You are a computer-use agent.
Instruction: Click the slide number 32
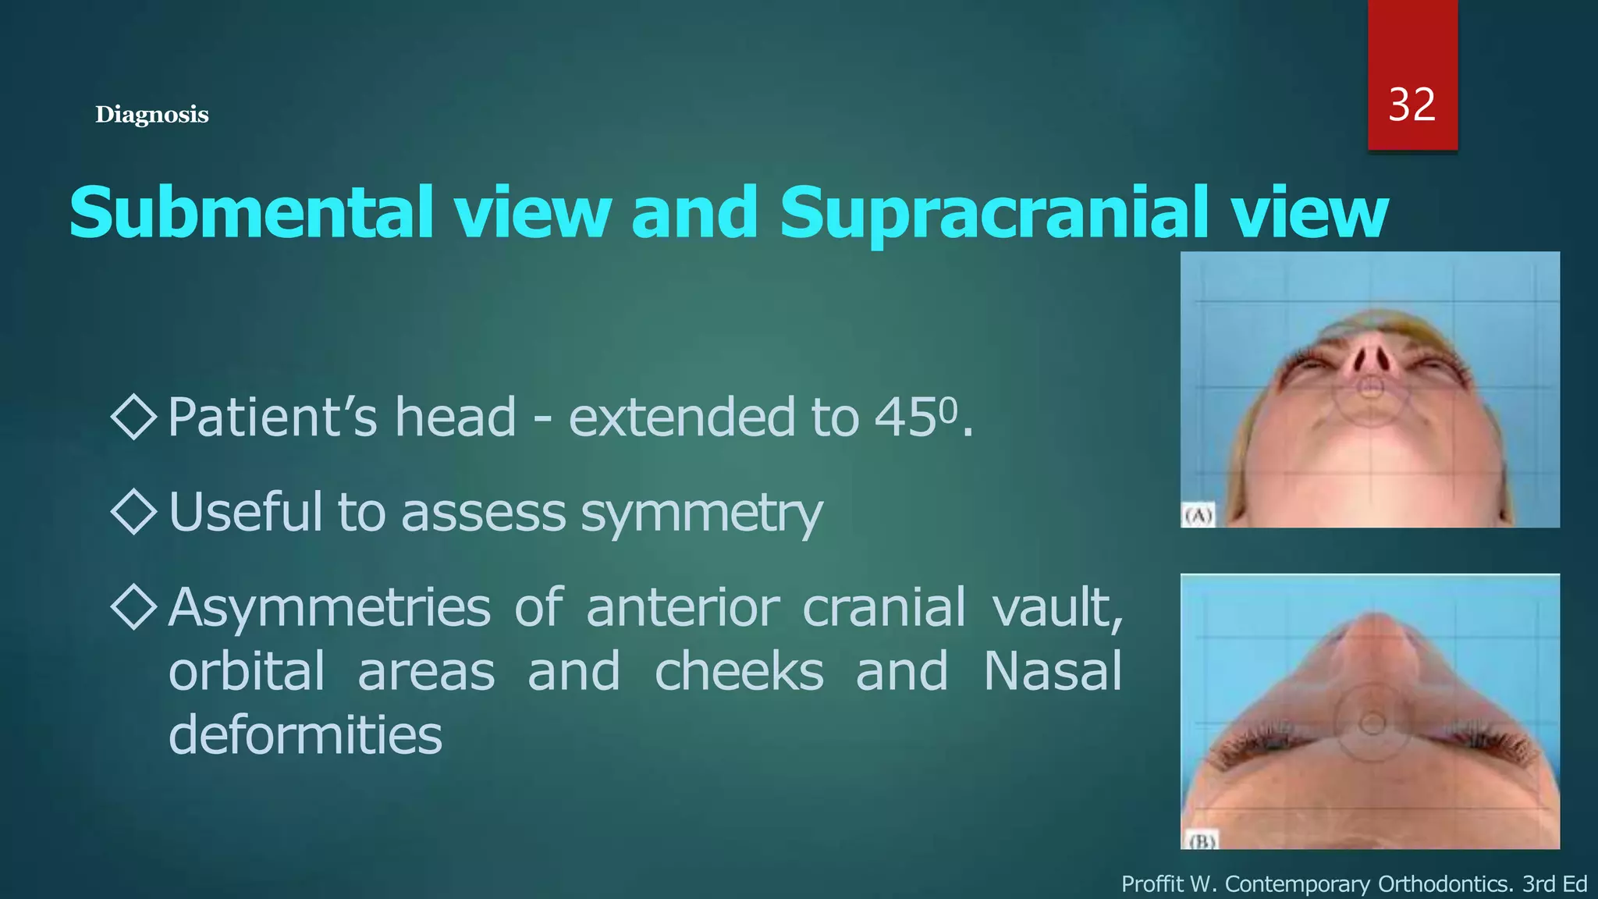(x=1412, y=105)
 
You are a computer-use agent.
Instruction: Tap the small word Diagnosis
(x=151, y=115)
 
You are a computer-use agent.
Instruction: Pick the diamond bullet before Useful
(x=134, y=512)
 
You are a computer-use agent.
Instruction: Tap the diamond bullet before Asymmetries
(x=134, y=606)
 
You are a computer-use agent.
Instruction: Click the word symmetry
(x=701, y=513)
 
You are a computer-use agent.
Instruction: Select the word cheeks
(x=738, y=671)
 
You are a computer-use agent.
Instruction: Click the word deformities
(x=305, y=735)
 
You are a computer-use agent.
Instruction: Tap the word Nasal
(x=1052, y=671)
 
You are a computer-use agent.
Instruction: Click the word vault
(x=1057, y=607)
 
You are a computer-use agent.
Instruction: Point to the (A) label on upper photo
(x=1198, y=516)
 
